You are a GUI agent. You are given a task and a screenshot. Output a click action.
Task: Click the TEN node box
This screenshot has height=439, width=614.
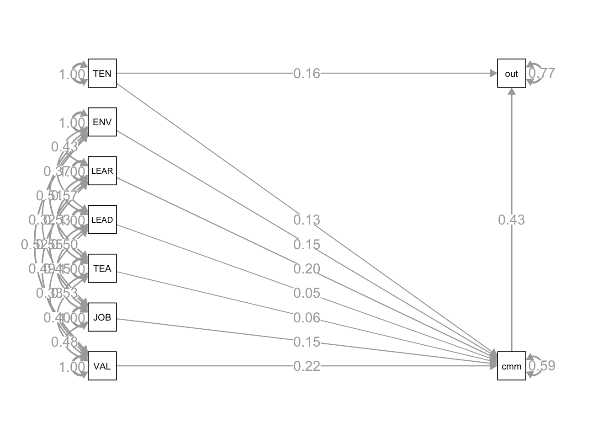(102, 73)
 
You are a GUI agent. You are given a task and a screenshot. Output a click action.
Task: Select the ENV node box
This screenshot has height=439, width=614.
(102, 122)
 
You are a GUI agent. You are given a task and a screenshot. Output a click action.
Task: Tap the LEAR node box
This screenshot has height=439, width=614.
(102, 171)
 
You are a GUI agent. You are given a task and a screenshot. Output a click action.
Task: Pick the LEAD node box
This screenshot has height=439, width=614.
(102, 219)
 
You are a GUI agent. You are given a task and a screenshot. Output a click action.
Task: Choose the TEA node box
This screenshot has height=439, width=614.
(102, 268)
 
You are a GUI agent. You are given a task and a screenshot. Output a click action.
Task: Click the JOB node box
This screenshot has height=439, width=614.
(102, 317)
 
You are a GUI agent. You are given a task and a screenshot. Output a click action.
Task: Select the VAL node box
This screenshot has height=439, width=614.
(102, 366)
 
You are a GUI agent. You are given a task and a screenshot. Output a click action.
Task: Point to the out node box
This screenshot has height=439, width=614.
(512, 73)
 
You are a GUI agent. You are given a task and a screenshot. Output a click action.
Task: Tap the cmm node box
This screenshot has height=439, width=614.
(512, 366)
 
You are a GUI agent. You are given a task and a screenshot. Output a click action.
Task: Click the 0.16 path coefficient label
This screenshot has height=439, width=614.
(307, 73)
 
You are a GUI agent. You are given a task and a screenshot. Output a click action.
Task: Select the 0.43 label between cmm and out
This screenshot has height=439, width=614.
(512, 220)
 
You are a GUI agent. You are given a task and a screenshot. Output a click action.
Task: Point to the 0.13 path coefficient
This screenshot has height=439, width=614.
(307, 220)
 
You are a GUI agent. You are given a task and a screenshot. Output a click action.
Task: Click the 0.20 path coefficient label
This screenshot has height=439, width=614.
(307, 269)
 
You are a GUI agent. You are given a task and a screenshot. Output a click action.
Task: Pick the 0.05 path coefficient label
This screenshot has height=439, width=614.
(307, 293)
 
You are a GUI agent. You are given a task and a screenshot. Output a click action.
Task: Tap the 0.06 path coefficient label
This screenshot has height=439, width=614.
(307, 318)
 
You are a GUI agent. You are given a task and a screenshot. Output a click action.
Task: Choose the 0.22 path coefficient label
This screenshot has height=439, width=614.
(307, 366)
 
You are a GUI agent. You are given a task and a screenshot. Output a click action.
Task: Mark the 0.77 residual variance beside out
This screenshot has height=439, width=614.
(542, 73)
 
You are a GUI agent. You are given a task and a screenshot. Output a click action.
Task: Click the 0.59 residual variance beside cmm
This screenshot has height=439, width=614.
(542, 366)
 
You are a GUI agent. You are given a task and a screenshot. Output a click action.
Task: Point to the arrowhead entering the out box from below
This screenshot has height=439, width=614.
(512, 91)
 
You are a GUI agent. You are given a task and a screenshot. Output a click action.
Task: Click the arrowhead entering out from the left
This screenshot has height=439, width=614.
(493, 73)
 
